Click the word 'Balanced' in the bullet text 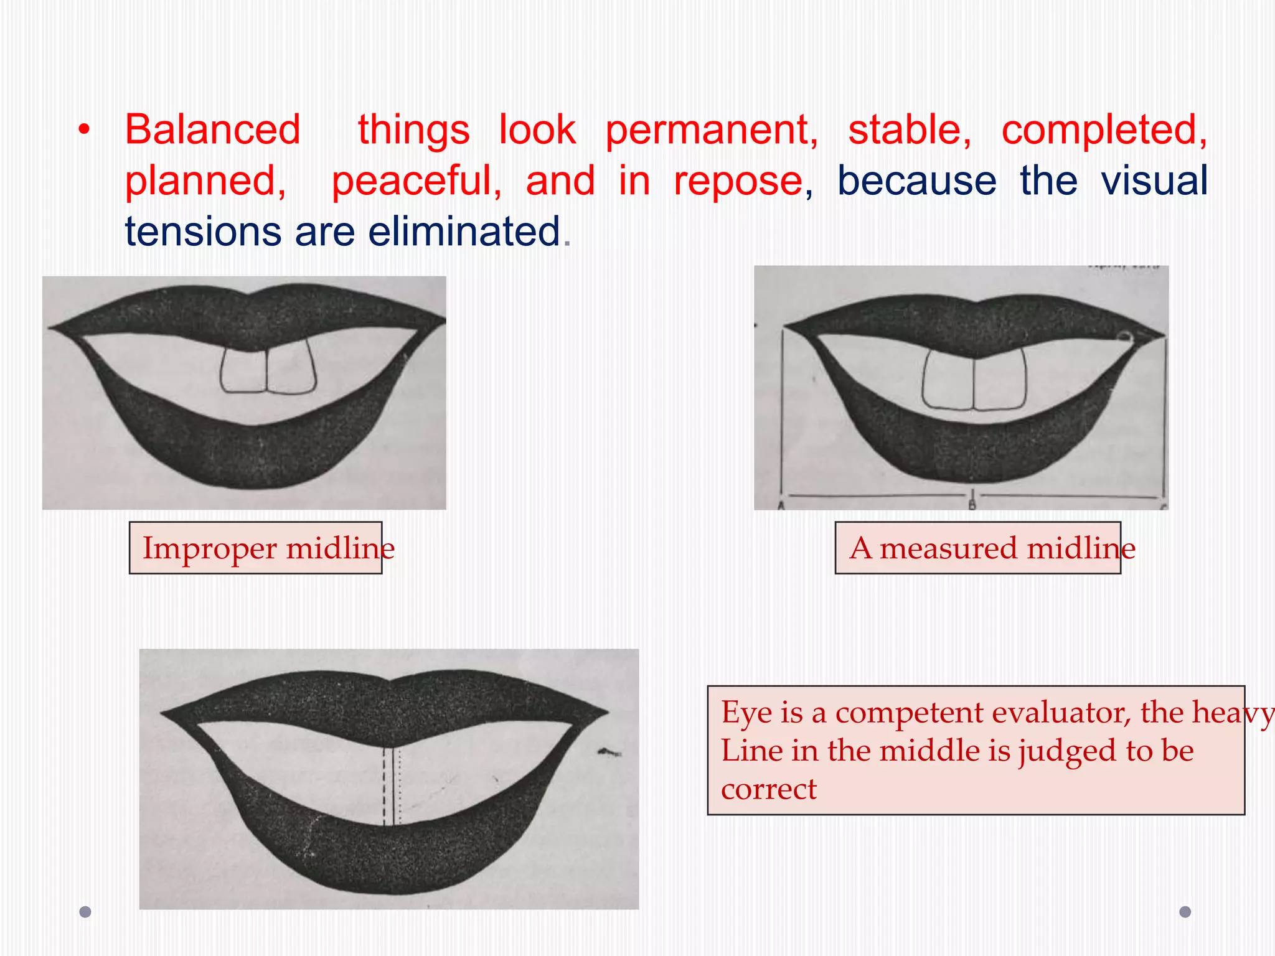pyautogui.click(x=213, y=130)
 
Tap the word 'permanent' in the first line pyautogui.click(x=711, y=130)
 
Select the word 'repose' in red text pyautogui.click(x=738, y=181)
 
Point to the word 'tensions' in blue pyautogui.click(x=202, y=232)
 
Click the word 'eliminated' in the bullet pyautogui.click(x=464, y=232)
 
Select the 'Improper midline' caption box pyautogui.click(x=256, y=548)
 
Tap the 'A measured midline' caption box pyautogui.click(x=977, y=548)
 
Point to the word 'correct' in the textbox pyautogui.click(x=768, y=789)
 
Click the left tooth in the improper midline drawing pyautogui.click(x=243, y=372)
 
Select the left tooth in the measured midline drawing pyautogui.click(x=948, y=380)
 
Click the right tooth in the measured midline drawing pyautogui.click(x=1000, y=380)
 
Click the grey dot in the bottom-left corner pyautogui.click(x=85, y=912)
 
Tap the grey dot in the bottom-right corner pyautogui.click(x=1185, y=912)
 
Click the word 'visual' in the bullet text pyautogui.click(x=1154, y=181)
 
